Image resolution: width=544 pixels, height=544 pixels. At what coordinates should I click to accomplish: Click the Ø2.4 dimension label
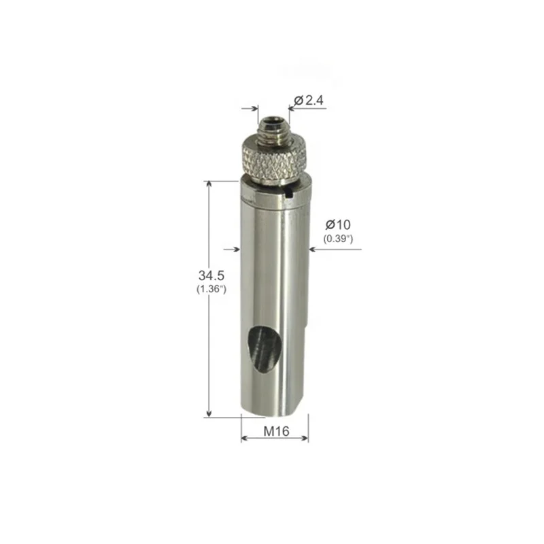click(309, 100)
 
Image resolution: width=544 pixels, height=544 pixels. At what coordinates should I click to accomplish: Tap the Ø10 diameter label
click(338, 225)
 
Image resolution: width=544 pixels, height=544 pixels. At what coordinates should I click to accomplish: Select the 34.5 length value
click(211, 276)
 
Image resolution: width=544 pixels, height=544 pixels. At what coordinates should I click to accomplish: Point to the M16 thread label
click(276, 431)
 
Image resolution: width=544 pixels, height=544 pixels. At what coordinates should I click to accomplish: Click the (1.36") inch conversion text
click(211, 288)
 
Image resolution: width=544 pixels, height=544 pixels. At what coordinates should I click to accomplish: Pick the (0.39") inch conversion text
click(338, 239)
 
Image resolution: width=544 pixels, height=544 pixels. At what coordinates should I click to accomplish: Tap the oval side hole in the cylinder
click(263, 350)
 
